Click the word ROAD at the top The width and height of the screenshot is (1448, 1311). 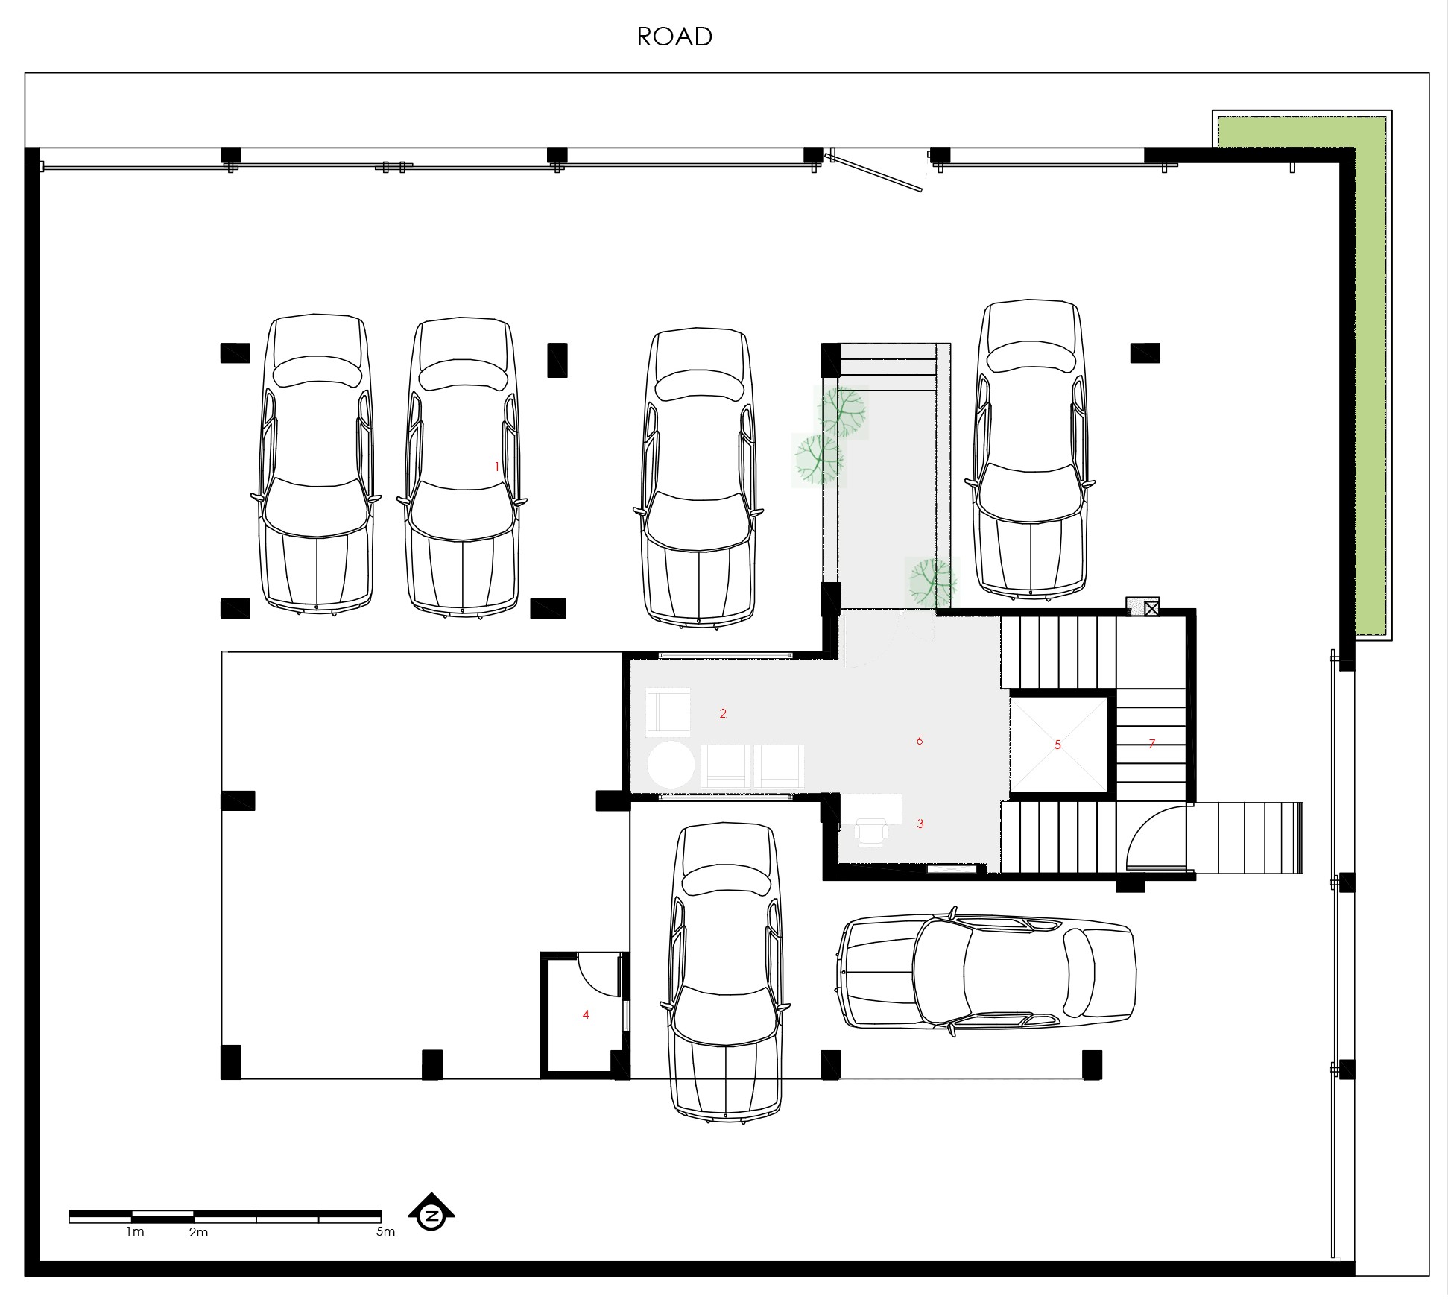(x=674, y=37)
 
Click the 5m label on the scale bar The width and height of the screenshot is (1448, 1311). (x=385, y=1231)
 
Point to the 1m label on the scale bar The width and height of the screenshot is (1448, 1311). (x=135, y=1231)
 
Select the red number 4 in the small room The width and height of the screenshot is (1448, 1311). (x=586, y=1014)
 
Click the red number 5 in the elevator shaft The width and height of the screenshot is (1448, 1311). (x=1057, y=745)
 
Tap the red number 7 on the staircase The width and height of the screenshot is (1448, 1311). (x=1152, y=743)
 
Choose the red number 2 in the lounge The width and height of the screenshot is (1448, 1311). (x=723, y=713)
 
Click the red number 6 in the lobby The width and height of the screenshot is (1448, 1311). (x=920, y=740)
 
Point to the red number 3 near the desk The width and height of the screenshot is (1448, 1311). (x=920, y=824)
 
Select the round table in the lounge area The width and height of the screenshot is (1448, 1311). (x=671, y=765)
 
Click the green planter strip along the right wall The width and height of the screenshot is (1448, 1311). (x=1370, y=376)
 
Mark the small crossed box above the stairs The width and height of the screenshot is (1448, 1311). (x=1151, y=609)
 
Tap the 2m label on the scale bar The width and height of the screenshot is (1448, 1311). (x=198, y=1232)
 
